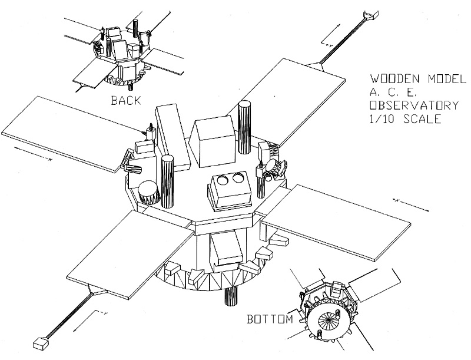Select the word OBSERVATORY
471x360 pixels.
coord(414,105)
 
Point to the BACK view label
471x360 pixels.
coord(126,100)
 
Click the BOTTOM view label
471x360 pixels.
coord(270,319)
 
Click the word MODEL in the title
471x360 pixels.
coord(447,79)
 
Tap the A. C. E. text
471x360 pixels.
coord(393,93)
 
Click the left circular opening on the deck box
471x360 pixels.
coord(223,181)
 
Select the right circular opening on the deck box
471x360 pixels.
coord(238,178)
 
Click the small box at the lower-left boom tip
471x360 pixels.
coord(41,343)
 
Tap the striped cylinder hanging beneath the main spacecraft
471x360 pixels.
coord(231,296)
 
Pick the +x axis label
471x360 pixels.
coord(396,200)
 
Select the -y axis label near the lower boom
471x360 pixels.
coord(104,313)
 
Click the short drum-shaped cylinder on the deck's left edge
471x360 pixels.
coord(148,192)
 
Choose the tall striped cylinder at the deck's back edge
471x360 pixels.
coord(245,127)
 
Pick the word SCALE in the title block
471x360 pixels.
coord(423,118)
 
